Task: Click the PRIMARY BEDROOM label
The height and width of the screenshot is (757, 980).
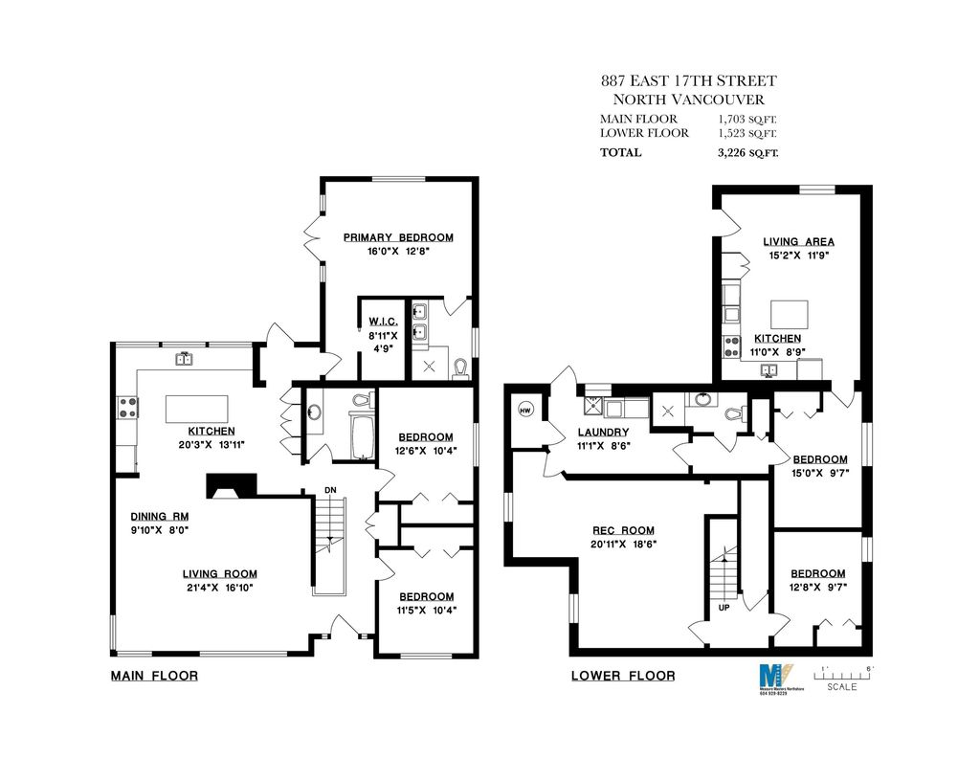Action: [x=398, y=237]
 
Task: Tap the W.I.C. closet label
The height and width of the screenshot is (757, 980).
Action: [x=376, y=323]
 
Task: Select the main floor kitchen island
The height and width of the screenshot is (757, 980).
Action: [x=197, y=409]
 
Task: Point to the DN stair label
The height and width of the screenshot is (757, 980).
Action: [x=330, y=490]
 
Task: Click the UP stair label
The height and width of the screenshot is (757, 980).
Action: [x=723, y=607]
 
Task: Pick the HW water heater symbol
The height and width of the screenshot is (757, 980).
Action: [x=524, y=411]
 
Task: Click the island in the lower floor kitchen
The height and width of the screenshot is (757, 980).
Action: [x=790, y=314]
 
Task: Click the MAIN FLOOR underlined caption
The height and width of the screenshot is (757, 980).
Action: [x=154, y=676]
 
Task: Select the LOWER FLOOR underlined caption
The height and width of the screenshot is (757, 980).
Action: [x=622, y=676]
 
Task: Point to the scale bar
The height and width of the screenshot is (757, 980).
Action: [x=842, y=672]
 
